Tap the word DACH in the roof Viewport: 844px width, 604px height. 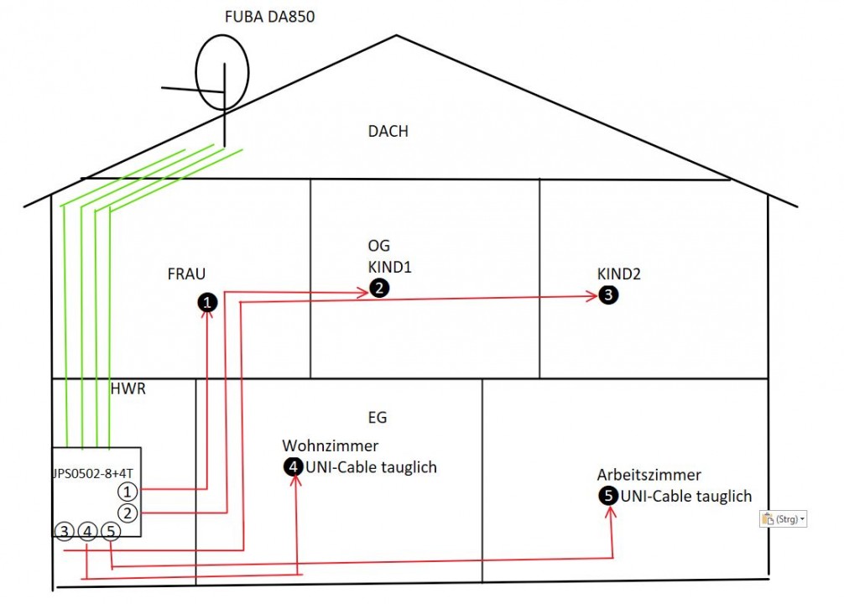point(388,131)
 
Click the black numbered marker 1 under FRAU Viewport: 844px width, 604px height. point(206,302)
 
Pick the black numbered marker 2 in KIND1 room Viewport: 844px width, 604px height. point(379,289)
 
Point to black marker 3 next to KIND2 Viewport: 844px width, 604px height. point(608,294)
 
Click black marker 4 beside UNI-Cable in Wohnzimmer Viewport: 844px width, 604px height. point(293,467)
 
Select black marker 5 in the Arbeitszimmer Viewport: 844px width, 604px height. point(608,496)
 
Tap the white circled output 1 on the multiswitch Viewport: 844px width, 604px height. point(127,491)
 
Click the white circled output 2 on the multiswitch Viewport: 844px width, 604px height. point(127,513)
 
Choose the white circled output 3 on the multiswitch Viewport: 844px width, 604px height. point(64,532)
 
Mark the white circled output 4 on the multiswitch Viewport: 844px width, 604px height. point(88,532)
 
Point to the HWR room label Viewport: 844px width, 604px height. point(128,389)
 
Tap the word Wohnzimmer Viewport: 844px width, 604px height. point(330,445)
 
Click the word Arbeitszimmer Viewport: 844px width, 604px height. point(649,475)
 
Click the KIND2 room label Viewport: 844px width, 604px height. point(618,273)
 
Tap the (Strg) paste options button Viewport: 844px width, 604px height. point(783,519)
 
